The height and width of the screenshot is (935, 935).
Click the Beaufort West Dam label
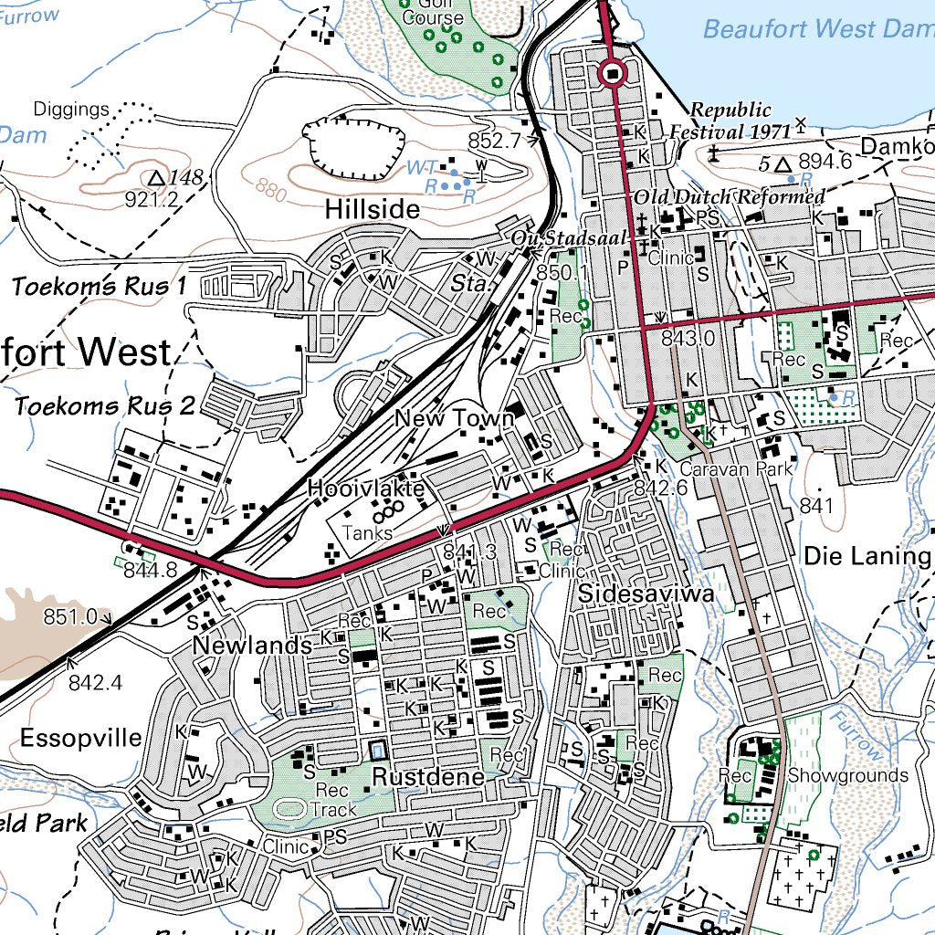coord(817,28)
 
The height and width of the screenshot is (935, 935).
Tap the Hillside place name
coord(373,210)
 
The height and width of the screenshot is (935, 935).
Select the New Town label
coord(454,419)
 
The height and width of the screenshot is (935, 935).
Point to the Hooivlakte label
coord(366,489)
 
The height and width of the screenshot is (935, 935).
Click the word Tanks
coord(367,532)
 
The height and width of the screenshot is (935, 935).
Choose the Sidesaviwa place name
coord(646,594)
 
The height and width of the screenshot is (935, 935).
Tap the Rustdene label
coord(427,778)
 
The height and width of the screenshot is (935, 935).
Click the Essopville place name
coord(81,737)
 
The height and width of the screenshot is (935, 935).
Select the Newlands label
coord(253,646)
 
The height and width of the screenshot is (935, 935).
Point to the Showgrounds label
coord(848,776)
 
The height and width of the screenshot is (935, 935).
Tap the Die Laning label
coord(867,556)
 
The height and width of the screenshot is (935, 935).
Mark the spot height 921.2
coord(151,199)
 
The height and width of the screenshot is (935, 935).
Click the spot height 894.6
coord(825,162)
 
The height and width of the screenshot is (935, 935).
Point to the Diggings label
coord(71,110)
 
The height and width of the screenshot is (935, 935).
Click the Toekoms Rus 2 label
coord(104,405)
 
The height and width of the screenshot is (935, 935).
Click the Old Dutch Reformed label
coord(730,197)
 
